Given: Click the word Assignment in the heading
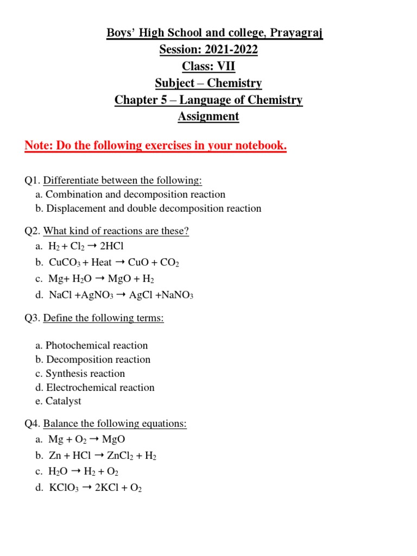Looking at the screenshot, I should [208, 116].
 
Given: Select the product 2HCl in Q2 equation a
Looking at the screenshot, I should [112, 246].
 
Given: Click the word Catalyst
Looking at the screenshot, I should [64, 401].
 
